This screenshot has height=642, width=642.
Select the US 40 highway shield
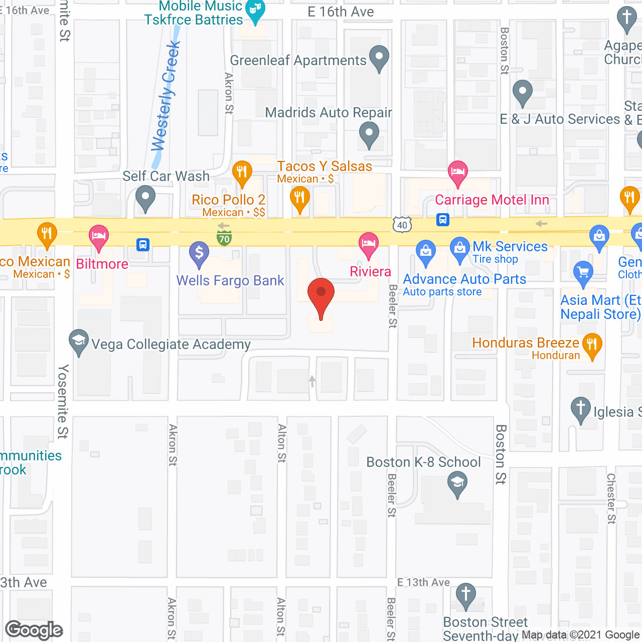click(x=402, y=225)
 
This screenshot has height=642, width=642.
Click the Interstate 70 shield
click(x=224, y=238)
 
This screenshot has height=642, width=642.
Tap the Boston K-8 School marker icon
click(x=457, y=484)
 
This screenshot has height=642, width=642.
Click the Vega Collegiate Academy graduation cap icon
click(x=79, y=341)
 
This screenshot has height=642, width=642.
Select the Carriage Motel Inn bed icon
click(x=457, y=172)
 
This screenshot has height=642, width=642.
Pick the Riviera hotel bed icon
click(x=369, y=244)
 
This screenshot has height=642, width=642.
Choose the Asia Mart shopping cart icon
click(x=583, y=272)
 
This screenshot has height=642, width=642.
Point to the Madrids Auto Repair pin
click(x=369, y=134)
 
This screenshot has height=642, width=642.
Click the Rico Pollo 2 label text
click(x=229, y=200)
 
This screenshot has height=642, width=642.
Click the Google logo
click(x=34, y=630)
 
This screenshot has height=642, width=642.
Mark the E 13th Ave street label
click(x=423, y=582)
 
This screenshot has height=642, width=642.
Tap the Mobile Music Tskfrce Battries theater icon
click(x=256, y=10)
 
